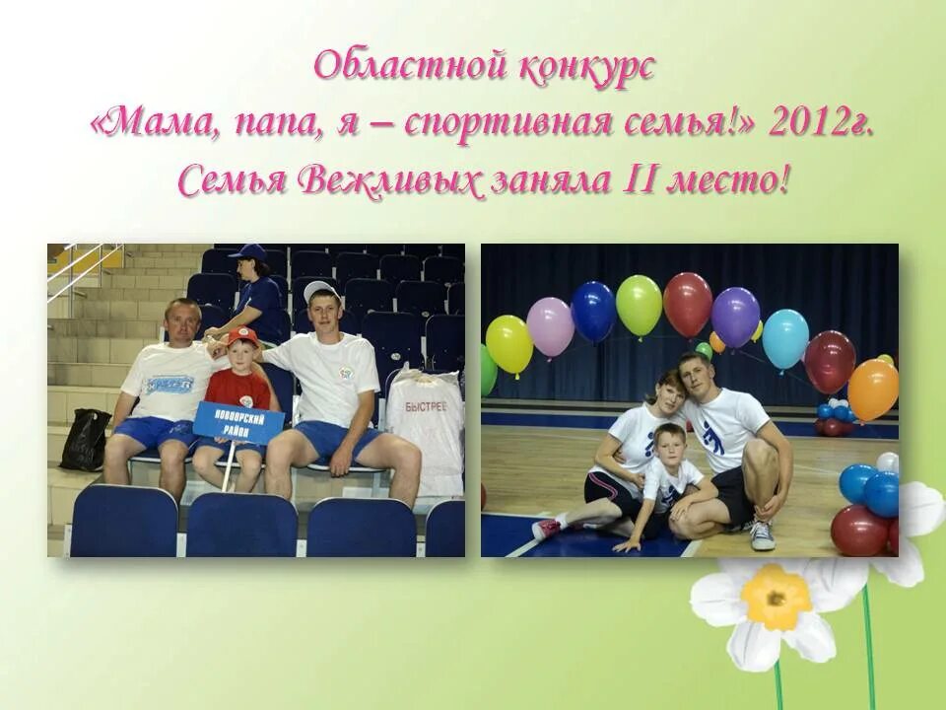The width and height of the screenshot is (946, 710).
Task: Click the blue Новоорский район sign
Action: (237, 421)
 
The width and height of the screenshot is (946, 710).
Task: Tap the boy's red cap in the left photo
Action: (242, 337)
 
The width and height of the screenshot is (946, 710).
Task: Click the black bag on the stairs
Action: (85, 440)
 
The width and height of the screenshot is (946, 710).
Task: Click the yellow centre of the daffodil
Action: (777, 597)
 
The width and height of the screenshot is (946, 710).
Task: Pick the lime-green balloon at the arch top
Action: (639, 305)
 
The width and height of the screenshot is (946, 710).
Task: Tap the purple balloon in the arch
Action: (735, 317)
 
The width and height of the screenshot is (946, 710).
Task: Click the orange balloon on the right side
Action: (873, 390)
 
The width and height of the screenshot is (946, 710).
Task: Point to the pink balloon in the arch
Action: (550, 326)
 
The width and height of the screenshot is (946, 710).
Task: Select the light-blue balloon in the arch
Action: (785, 338)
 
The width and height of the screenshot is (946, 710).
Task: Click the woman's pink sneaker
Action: (545, 530)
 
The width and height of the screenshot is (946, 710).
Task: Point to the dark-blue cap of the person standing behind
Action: (248, 252)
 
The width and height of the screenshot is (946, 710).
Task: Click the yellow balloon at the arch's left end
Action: (508, 344)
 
